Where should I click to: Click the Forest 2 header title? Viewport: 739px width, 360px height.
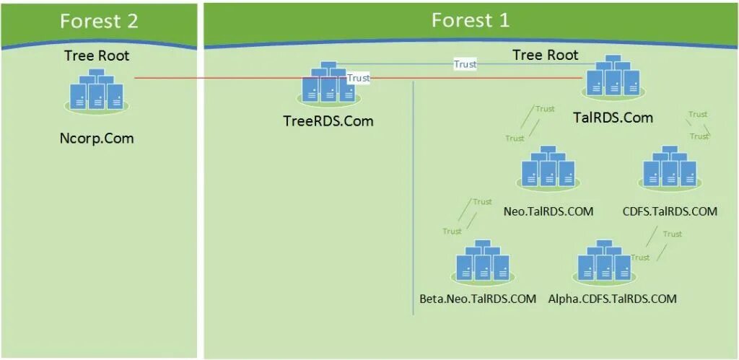pyautogui.click(x=99, y=22)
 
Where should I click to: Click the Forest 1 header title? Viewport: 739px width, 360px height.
pyautogui.click(x=471, y=20)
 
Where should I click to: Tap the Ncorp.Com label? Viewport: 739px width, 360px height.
pyautogui.click(x=97, y=138)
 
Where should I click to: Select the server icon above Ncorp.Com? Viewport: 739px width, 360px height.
pyautogui.click(x=97, y=92)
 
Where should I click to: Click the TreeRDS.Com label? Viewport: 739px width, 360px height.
pyautogui.click(x=328, y=121)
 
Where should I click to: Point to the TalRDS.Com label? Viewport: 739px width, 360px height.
pyautogui.click(x=612, y=118)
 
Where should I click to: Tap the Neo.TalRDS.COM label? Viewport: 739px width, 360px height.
pyautogui.click(x=548, y=211)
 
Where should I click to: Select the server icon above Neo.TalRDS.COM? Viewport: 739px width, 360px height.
pyautogui.click(x=548, y=170)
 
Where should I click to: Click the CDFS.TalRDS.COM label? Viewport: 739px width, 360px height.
pyautogui.click(x=670, y=211)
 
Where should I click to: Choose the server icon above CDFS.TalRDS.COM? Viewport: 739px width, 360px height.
pyautogui.click(x=670, y=170)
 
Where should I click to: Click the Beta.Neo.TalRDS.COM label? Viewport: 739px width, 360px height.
pyautogui.click(x=478, y=299)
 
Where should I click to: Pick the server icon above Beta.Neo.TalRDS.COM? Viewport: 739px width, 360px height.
pyautogui.click(x=482, y=261)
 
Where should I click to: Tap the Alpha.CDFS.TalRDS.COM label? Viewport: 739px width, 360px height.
pyautogui.click(x=613, y=299)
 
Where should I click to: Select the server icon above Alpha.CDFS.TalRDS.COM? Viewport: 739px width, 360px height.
pyautogui.click(x=605, y=261)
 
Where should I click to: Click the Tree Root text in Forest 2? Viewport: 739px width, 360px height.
pyautogui.click(x=97, y=56)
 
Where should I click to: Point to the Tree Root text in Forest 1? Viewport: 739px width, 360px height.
pyautogui.click(x=545, y=55)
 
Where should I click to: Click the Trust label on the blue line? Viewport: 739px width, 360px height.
pyautogui.click(x=465, y=64)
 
